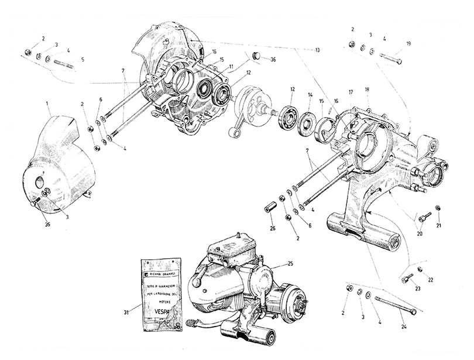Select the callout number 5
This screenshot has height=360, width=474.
[83, 59]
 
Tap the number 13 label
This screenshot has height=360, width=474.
[318, 51]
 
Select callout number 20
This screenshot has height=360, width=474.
[418, 233]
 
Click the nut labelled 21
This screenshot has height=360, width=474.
[439, 208]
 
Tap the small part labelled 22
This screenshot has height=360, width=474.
[420, 269]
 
